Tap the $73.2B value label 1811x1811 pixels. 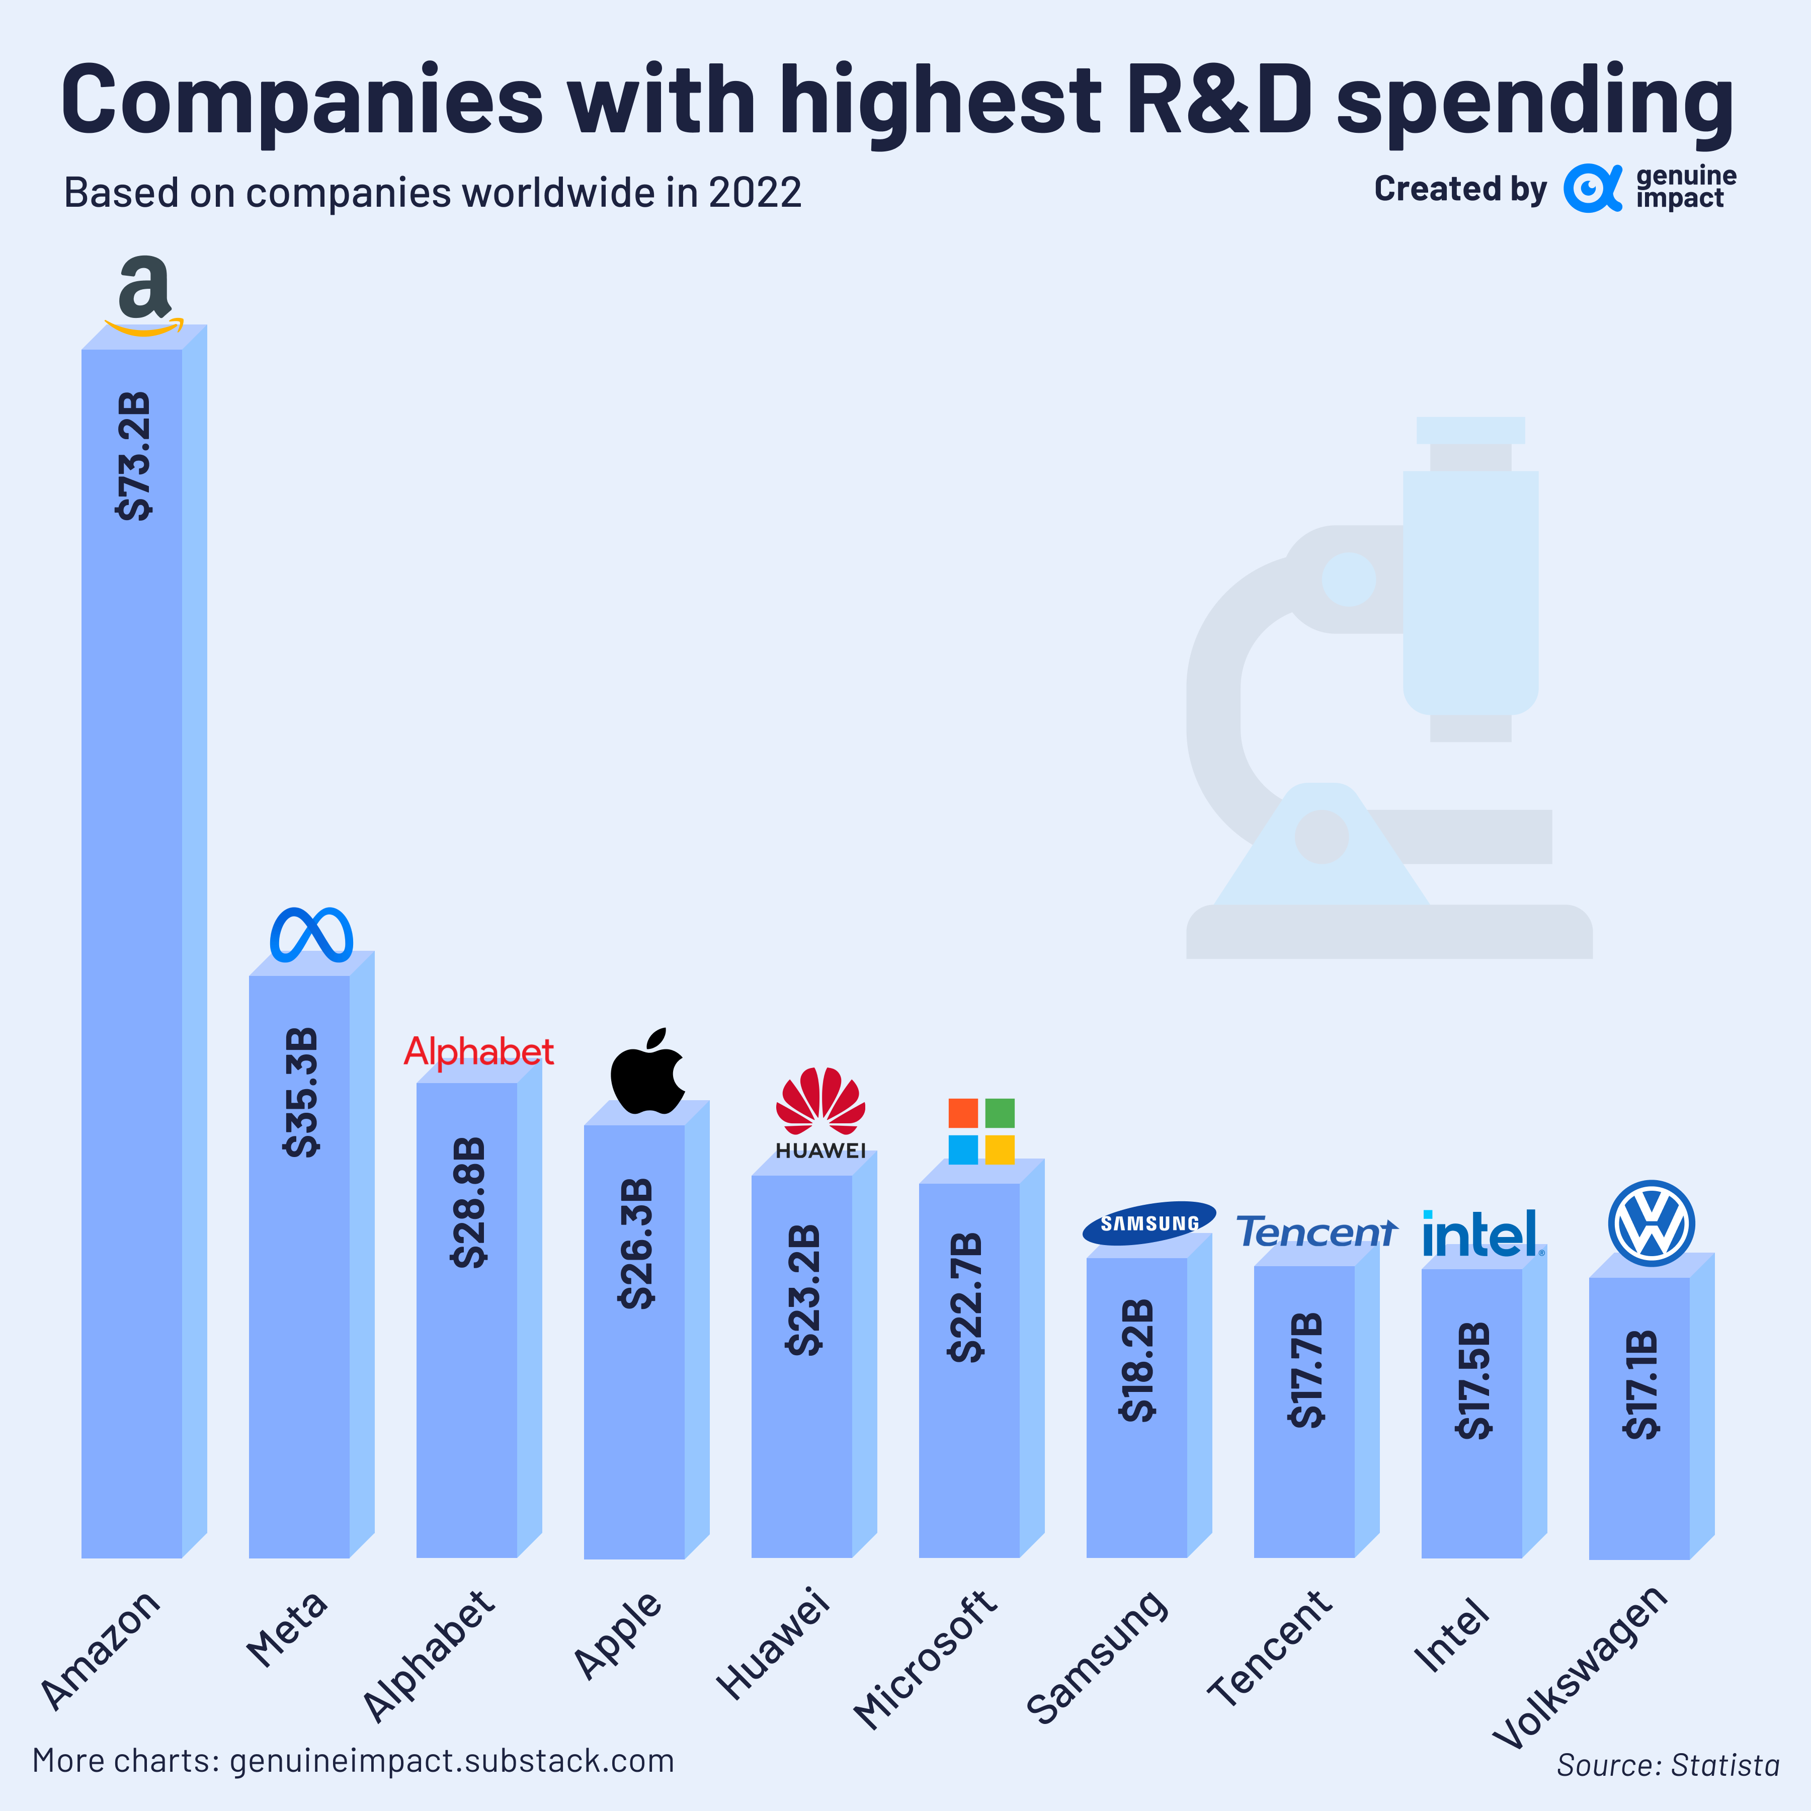[133, 456]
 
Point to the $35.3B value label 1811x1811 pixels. [301, 1092]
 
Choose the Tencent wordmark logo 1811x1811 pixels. [1316, 1231]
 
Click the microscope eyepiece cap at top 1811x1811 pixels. [1470, 430]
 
